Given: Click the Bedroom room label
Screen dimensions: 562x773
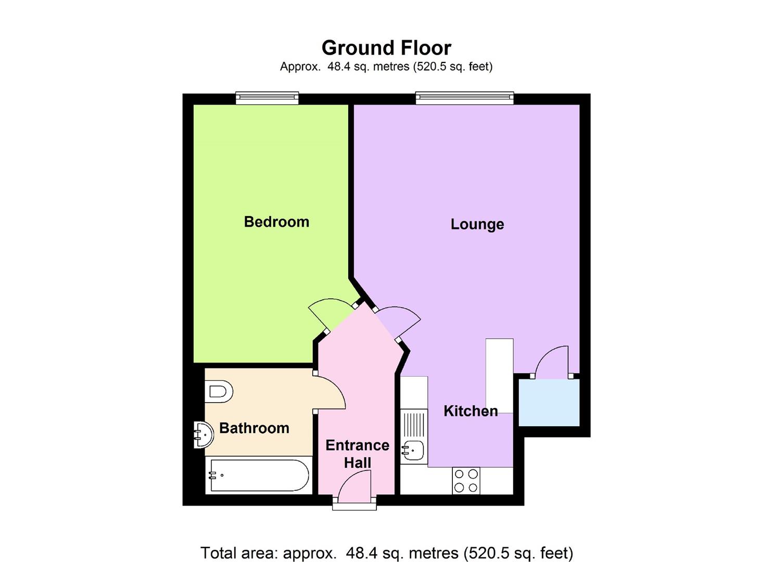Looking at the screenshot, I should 276,222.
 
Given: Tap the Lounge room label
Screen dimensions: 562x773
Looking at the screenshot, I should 477,224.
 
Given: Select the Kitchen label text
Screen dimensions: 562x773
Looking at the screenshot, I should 471,411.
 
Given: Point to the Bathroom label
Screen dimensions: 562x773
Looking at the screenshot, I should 254,428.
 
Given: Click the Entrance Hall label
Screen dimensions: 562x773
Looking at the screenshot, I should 357,454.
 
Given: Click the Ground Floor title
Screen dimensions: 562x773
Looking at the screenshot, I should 386,48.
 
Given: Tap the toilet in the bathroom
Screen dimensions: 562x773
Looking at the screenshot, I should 219,391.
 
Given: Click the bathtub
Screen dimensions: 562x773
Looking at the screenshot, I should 259,476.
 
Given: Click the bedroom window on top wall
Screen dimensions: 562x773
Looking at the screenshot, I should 267,97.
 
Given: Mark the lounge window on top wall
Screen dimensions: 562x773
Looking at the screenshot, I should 464,97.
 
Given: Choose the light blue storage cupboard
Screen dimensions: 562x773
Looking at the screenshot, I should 549,402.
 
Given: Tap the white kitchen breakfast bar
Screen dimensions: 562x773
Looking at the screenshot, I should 499,375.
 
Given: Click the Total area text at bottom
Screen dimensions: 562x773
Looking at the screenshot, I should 386,552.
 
